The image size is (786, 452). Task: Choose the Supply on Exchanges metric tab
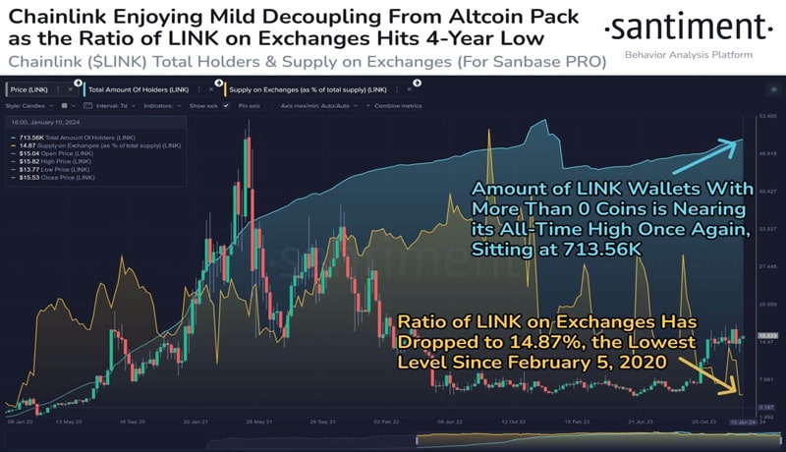coord(286,88)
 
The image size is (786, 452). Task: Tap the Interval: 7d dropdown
coord(118,104)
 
